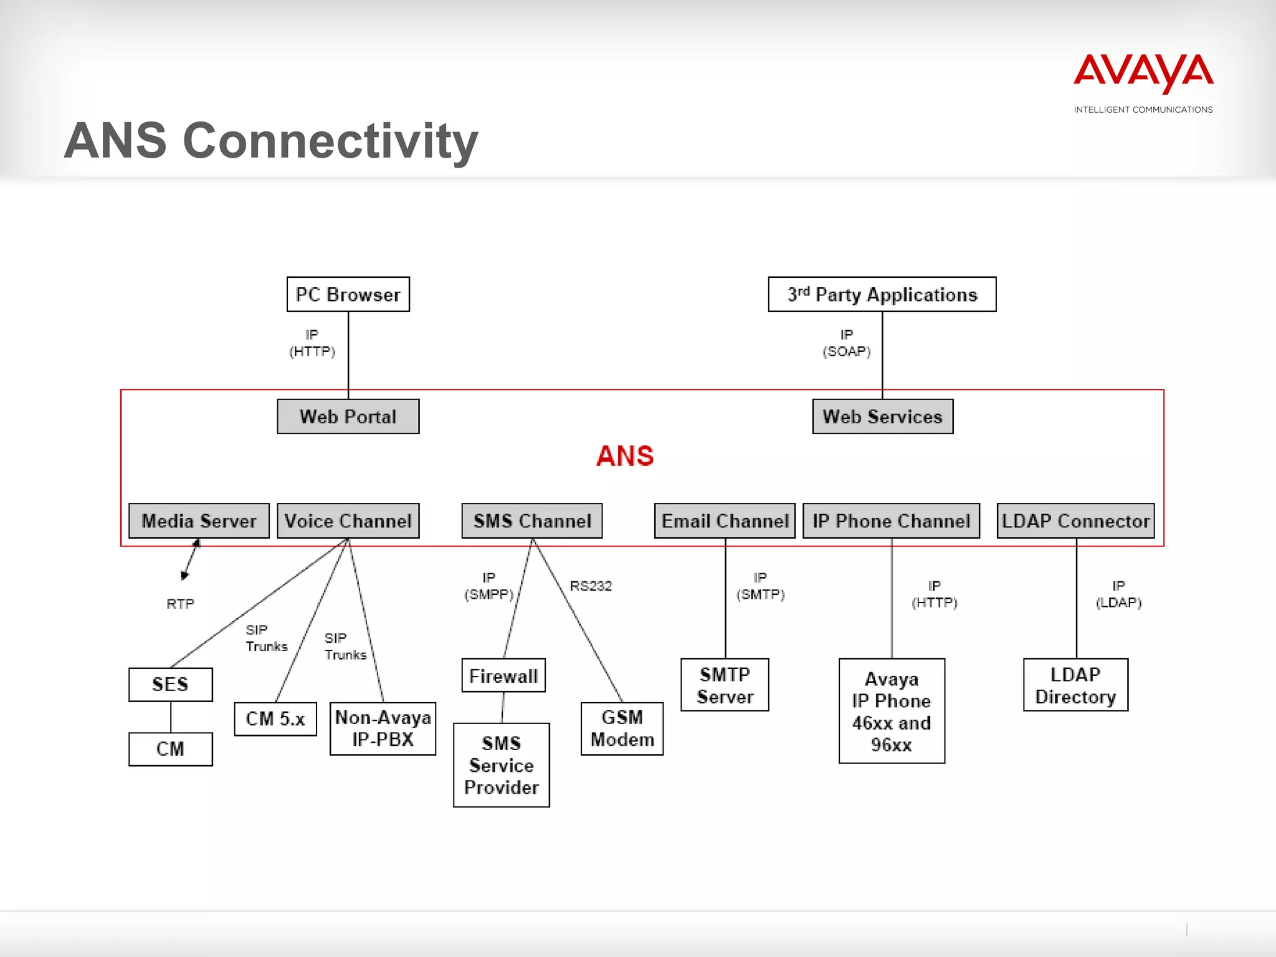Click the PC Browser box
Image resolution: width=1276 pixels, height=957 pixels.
click(348, 294)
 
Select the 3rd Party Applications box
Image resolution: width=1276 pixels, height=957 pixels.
click(882, 294)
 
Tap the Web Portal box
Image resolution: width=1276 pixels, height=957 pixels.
click(348, 416)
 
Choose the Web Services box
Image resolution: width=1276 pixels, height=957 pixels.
click(882, 416)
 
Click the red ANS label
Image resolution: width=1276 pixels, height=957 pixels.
click(624, 455)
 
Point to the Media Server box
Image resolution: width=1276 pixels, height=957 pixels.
click(199, 520)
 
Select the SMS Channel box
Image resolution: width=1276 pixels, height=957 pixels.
click(531, 520)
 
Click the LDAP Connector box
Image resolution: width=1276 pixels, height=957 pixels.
click(1075, 520)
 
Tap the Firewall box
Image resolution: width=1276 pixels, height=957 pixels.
click(503, 675)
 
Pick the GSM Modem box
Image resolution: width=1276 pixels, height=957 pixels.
click(622, 728)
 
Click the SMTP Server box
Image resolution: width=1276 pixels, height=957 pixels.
click(725, 685)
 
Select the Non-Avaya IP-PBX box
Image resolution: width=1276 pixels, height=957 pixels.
click(383, 728)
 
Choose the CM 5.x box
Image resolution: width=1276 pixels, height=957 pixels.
click(275, 719)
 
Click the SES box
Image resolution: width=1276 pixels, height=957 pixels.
click(170, 684)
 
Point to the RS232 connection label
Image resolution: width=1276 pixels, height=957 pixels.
click(591, 586)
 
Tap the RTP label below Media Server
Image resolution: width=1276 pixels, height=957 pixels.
click(180, 604)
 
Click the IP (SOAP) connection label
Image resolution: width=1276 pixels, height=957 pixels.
click(846, 343)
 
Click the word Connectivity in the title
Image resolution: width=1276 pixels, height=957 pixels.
click(330, 141)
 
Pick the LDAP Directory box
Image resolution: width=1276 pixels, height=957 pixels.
click(1075, 685)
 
